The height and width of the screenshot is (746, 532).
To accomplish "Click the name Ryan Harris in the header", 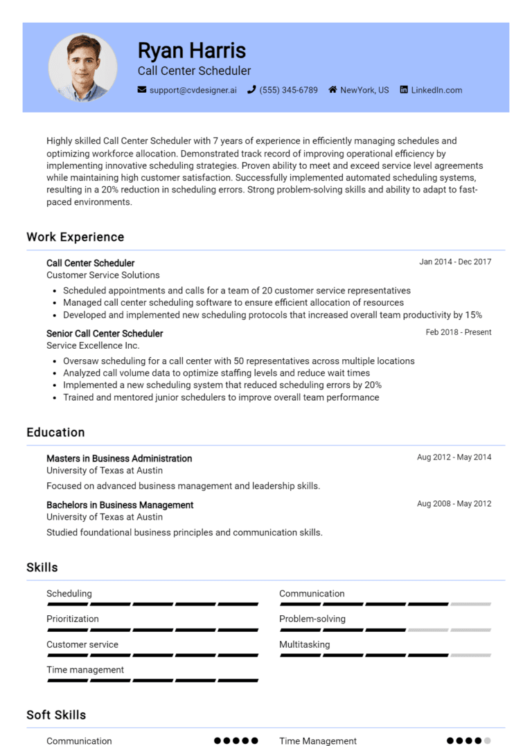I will coord(191,51).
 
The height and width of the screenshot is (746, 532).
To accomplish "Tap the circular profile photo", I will coord(82,68).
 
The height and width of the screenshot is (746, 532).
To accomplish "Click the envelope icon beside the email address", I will coord(142,90).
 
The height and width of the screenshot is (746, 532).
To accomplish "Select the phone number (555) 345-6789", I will coord(288,90).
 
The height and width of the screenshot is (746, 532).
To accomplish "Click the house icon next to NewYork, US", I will coord(332,90).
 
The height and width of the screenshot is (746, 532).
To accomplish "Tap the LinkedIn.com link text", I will coord(436,90).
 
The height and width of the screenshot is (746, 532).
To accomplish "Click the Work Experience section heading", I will coord(76,237).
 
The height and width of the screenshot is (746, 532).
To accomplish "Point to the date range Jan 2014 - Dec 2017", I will coord(455,262).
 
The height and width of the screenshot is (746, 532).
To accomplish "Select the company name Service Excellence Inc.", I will coord(93,345).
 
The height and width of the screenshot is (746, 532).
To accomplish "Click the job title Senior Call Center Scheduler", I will coord(105,334).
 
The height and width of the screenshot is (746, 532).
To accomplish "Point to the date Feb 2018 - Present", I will coord(458,332).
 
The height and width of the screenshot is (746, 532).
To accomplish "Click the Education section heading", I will coord(55,432).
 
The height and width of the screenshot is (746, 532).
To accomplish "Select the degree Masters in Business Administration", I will coord(119,458).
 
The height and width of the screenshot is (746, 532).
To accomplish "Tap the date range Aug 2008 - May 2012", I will coord(454,504).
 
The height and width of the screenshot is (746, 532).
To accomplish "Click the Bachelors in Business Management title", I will coord(120,504).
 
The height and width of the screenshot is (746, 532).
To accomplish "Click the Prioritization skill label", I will coord(73,619).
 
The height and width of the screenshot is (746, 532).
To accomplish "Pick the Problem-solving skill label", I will coord(312,619).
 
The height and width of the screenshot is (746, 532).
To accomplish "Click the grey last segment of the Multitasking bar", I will coord(470,655).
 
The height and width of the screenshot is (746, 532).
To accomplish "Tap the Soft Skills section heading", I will coord(56,714).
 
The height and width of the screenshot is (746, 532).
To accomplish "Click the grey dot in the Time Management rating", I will coord(487,740).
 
